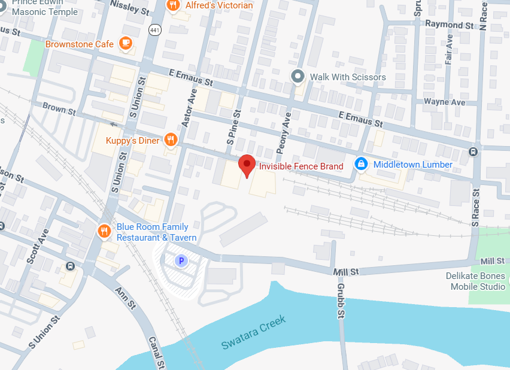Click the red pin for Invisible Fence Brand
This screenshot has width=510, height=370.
[247, 165]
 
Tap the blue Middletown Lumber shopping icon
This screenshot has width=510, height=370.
[361, 164]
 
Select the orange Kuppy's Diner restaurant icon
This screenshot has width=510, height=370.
[171, 140]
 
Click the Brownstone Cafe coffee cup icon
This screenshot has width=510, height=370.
[126, 43]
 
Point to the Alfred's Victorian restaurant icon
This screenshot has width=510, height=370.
[174, 5]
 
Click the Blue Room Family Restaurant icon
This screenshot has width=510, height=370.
[104, 231]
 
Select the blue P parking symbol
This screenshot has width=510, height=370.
[179, 261]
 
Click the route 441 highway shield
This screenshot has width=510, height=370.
[155, 29]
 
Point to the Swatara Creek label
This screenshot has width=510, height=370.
[253, 332]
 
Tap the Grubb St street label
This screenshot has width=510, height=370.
[340, 305]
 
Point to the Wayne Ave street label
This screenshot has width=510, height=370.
[444, 102]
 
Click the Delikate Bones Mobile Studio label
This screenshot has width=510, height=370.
[476, 281]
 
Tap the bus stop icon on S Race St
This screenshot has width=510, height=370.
[473, 151]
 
